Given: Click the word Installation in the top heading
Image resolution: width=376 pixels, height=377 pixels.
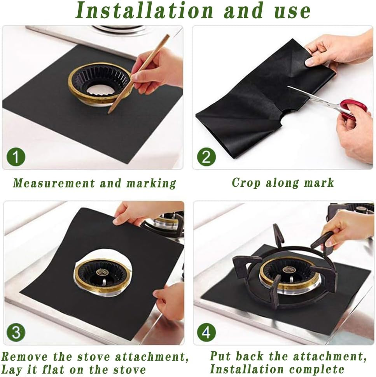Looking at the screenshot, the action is pos(144,11).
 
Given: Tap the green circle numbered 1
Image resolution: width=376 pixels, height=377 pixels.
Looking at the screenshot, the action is pos(16,157).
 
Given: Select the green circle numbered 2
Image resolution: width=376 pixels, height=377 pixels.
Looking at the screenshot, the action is pos(206,157).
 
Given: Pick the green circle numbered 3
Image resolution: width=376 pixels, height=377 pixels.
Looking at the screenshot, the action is pos(16,333).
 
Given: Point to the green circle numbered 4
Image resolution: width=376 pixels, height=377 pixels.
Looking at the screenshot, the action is pos(206,333).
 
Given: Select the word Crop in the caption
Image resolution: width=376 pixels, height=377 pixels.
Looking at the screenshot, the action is pos(246,183).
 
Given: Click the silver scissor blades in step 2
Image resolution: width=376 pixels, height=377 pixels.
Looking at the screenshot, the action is pos(314,96).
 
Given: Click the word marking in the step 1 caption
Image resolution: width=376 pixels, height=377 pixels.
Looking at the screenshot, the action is pos(151,184).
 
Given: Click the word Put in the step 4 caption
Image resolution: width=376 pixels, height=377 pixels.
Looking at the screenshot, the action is pos(219,356).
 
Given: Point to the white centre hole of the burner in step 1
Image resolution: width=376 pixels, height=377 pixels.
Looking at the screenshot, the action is pos(98,90).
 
